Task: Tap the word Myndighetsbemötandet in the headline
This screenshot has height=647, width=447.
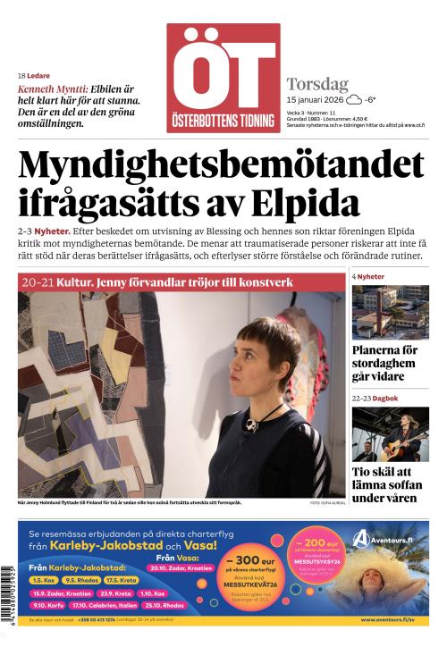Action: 221,165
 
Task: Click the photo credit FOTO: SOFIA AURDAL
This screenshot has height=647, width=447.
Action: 326,503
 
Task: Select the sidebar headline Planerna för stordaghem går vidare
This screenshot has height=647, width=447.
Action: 384,363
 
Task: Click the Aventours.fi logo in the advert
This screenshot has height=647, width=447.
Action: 385,539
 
